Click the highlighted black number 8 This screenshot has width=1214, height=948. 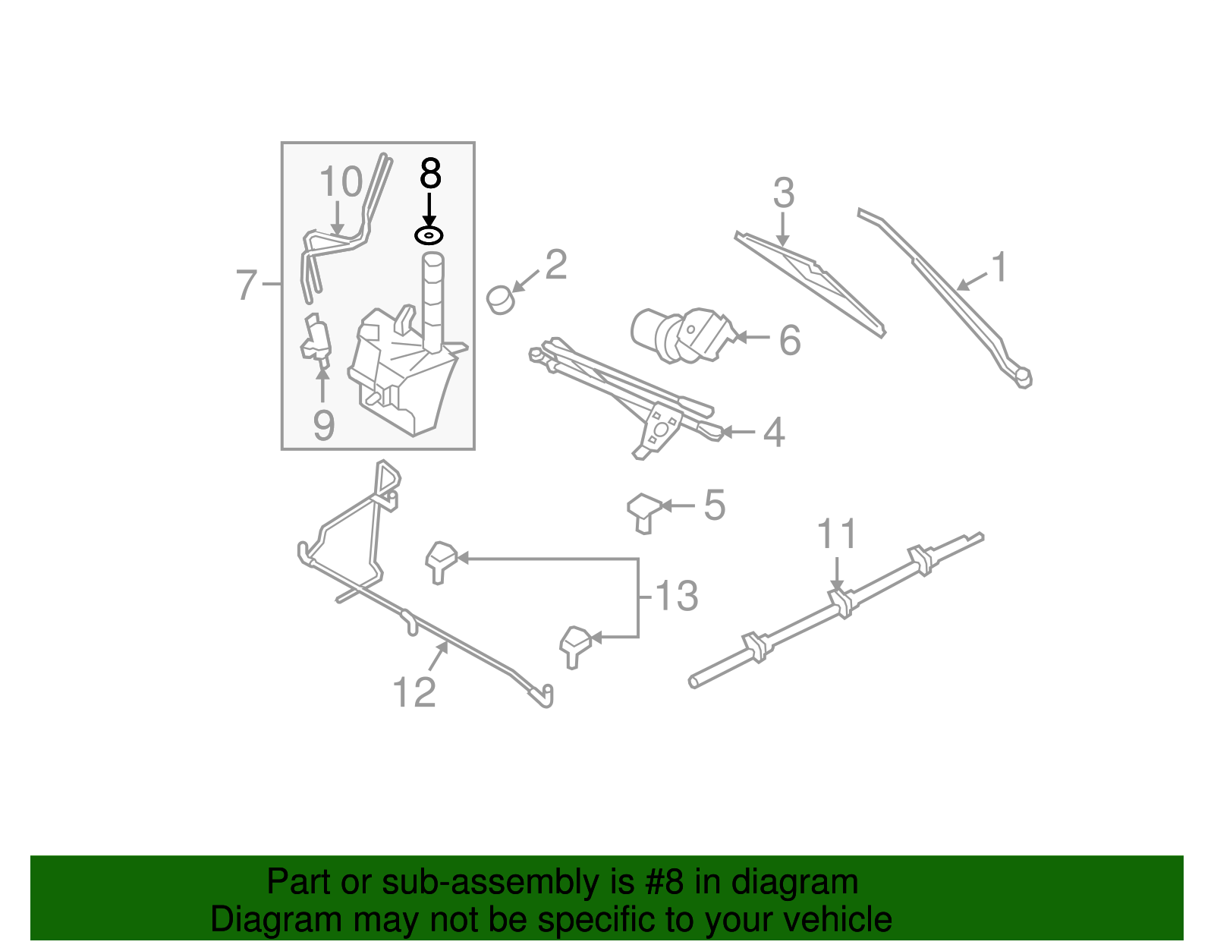429,174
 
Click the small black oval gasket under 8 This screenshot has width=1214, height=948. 429,235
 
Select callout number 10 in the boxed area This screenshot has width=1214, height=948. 341,182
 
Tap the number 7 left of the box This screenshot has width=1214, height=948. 247,285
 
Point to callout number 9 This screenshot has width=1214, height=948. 324,425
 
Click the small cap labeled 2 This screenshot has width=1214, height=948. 501,300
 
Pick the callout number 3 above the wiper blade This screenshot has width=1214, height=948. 783,193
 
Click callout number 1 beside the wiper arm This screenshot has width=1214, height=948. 999,267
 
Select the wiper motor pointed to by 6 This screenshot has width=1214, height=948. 683,334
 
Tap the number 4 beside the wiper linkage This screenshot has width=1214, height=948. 773,433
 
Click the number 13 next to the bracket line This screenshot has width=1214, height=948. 675,596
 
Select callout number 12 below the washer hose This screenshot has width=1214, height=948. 414,692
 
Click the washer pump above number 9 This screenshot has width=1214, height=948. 317,339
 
